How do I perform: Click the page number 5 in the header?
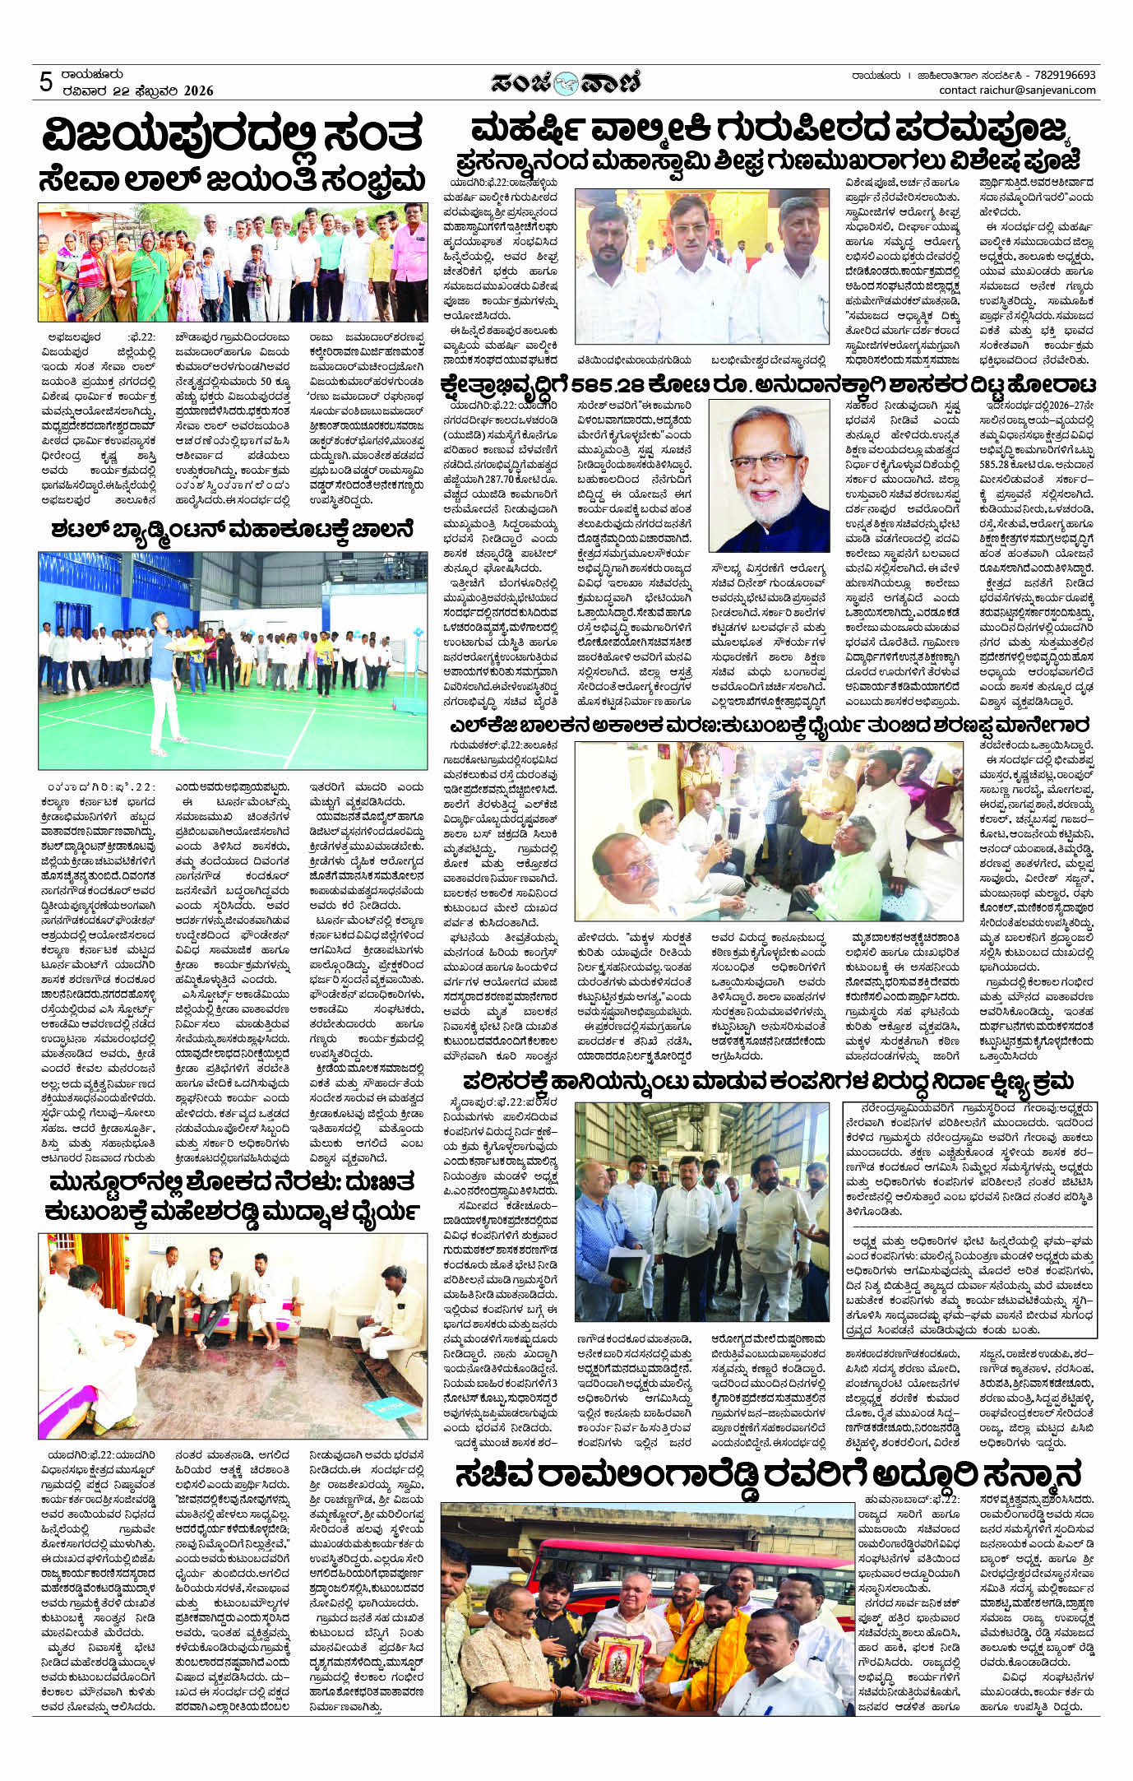46,81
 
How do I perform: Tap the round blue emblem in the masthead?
566,82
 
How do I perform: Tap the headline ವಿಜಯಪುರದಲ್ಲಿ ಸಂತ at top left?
234,134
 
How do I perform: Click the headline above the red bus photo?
768,1475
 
